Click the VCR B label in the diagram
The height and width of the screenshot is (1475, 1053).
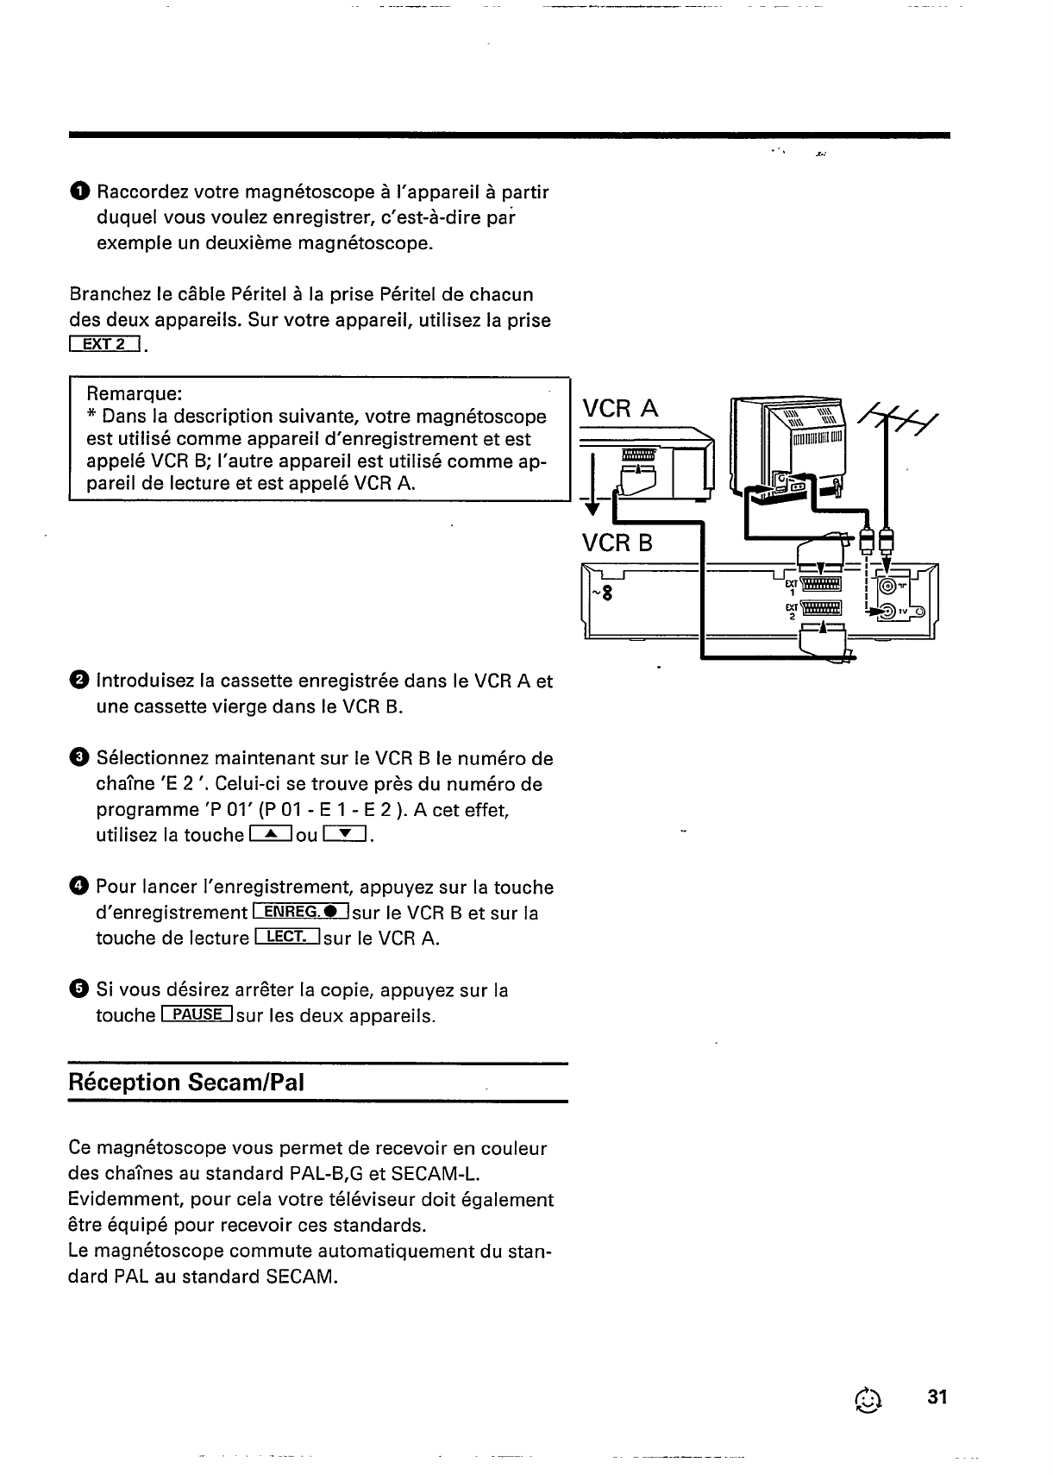point(617,543)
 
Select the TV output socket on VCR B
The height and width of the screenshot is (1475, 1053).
point(887,612)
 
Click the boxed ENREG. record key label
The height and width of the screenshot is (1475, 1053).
point(301,913)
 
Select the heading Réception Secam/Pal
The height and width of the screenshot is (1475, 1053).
point(186,1083)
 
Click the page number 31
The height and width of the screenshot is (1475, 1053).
point(937,1397)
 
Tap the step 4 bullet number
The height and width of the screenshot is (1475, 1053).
point(78,887)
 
